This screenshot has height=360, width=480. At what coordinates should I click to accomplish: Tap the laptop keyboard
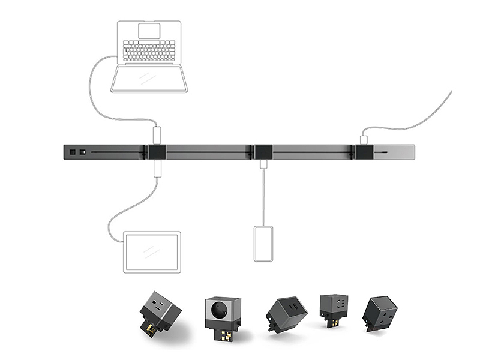pos(149,51)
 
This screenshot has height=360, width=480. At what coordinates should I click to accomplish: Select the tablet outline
pos(152,252)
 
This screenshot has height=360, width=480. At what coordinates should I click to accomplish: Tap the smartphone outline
pos(263,244)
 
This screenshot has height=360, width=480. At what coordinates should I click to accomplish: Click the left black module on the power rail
pos(157,152)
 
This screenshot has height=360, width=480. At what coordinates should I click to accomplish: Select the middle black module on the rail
pos(263,152)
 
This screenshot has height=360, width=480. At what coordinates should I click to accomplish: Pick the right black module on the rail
pos(364,152)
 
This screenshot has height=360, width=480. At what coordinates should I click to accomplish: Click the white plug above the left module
pos(157,133)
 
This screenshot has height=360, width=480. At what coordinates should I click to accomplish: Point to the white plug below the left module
pos(157,169)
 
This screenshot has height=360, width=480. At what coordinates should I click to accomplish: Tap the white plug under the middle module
pos(263,163)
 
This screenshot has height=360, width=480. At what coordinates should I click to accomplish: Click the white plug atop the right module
pos(364,139)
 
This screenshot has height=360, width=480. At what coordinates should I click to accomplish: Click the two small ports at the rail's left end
pos(77,152)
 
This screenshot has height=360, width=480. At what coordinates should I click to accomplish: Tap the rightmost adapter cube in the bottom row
pos(379,314)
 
